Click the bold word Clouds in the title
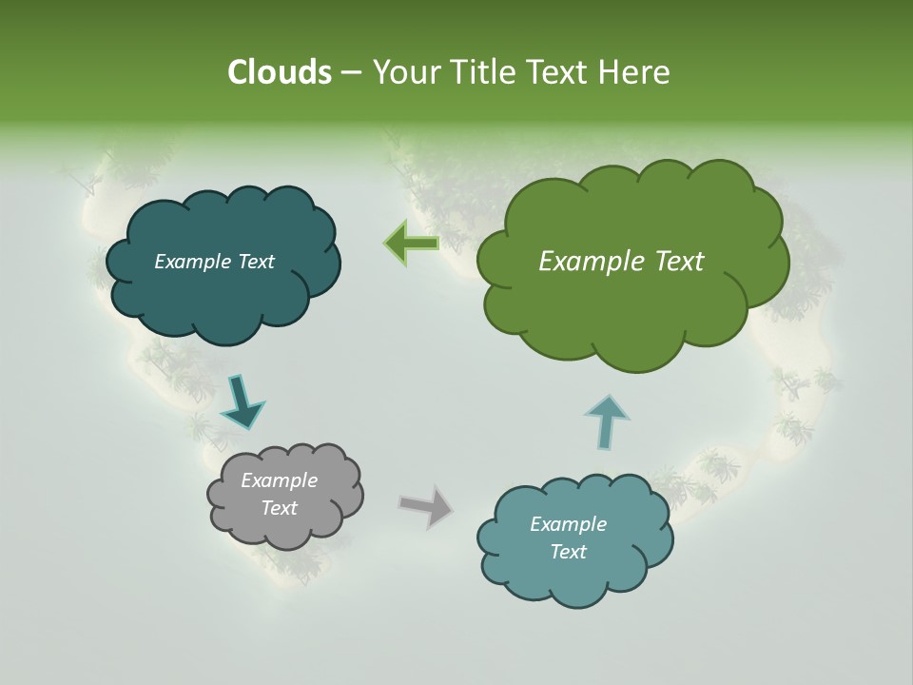coord(280,72)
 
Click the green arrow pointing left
coord(411,243)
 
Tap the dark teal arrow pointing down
coord(242,401)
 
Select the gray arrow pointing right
coord(426,505)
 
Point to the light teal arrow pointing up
coord(607,420)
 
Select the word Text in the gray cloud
coord(280,508)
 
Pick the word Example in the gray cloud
coord(280,480)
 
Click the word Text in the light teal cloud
coord(569,552)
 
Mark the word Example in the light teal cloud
coord(569,524)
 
